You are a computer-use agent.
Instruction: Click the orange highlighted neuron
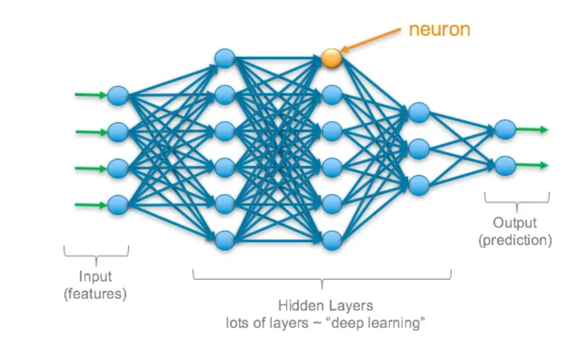click(x=331, y=58)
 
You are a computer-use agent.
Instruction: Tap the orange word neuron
click(x=440, y=30)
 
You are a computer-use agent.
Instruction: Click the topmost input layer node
click(x=118, y=95)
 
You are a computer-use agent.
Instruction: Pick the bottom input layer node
click(x=118, y=203)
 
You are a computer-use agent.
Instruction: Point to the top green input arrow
click(x=91, y=95)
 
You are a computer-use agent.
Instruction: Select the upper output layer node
click(x=505, y=129)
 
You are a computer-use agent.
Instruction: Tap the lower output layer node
click(x=505, y=165)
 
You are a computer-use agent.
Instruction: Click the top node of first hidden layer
click(x=225, y=58)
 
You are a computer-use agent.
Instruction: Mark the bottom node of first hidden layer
click(x=225, y=239)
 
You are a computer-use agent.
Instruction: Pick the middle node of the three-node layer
click(x=419, y=148)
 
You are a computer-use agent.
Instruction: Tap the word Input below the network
click(x=95, y=276)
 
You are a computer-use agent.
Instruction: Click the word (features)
click(x=95, y=295)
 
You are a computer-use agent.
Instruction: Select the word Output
click(x=515, y=224)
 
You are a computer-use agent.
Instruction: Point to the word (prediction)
click(x=515, y=241)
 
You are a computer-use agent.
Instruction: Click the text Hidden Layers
click(x=322, y=305)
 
